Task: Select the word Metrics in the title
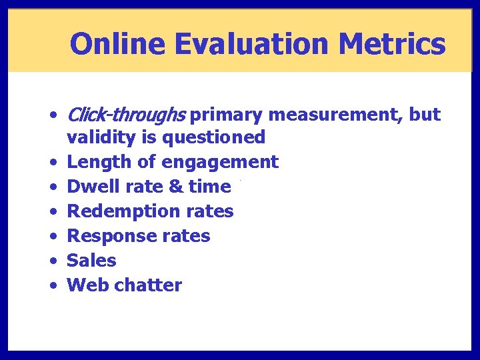(x=392, y=44)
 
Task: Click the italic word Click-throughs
(x=126, y=115)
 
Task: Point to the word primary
(x=227, y=115)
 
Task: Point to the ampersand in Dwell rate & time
(x=176, y=187)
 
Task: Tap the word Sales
(x=92, y=261)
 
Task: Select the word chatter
(x=148, y=285)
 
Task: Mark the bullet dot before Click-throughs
(x=53, y=115)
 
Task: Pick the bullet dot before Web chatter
(x=53, y=286)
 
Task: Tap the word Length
(x=97, y=162)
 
